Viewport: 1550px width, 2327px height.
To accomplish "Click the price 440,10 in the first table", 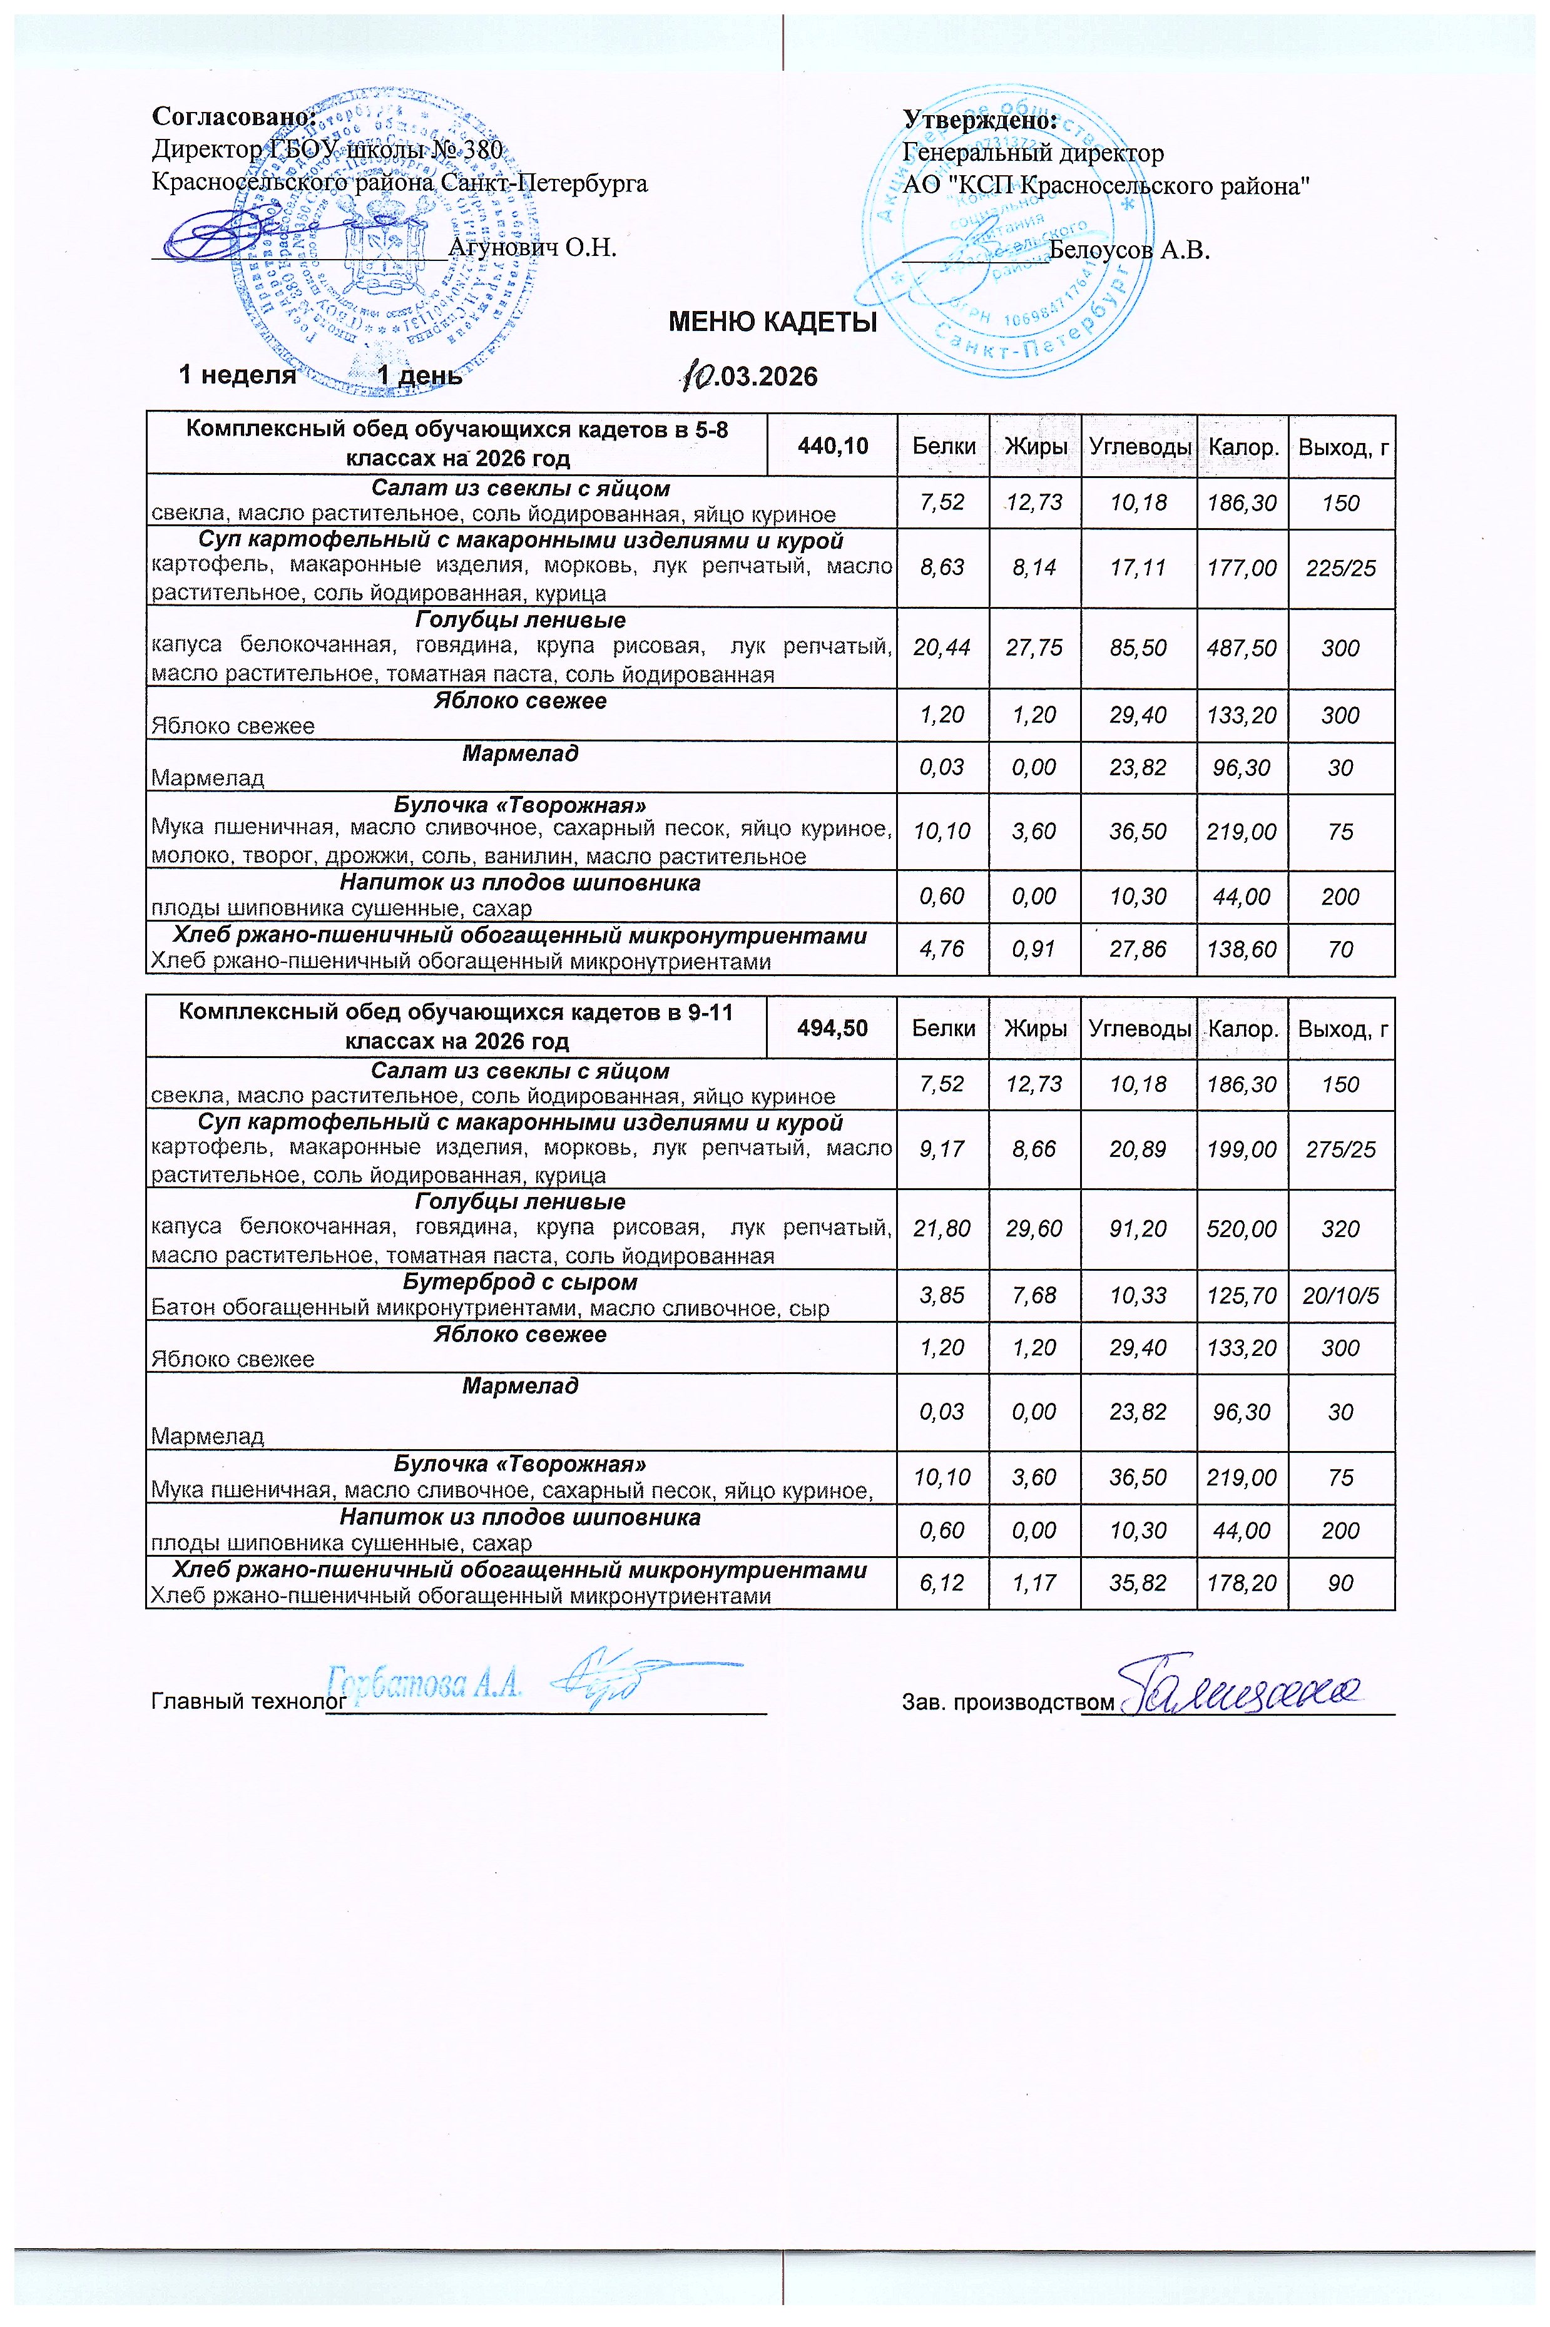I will coord(832,447).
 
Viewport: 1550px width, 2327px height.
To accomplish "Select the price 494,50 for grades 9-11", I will coord(832,1028).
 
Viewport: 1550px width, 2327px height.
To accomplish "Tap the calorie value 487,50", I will coord(1242,648).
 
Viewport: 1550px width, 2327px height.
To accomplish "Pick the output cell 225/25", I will coord(1340,568).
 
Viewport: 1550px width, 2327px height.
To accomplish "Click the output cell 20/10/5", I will coord(1340,1296).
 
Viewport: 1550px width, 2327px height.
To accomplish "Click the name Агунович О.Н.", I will coord(533,247).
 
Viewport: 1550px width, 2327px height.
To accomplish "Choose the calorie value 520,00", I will coord(1242,1230).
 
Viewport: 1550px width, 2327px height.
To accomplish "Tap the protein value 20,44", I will coord(941,648).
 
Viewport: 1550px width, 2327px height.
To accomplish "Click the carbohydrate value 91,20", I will coord(1139,1230).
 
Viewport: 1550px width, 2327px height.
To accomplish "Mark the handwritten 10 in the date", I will coord(697,374).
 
